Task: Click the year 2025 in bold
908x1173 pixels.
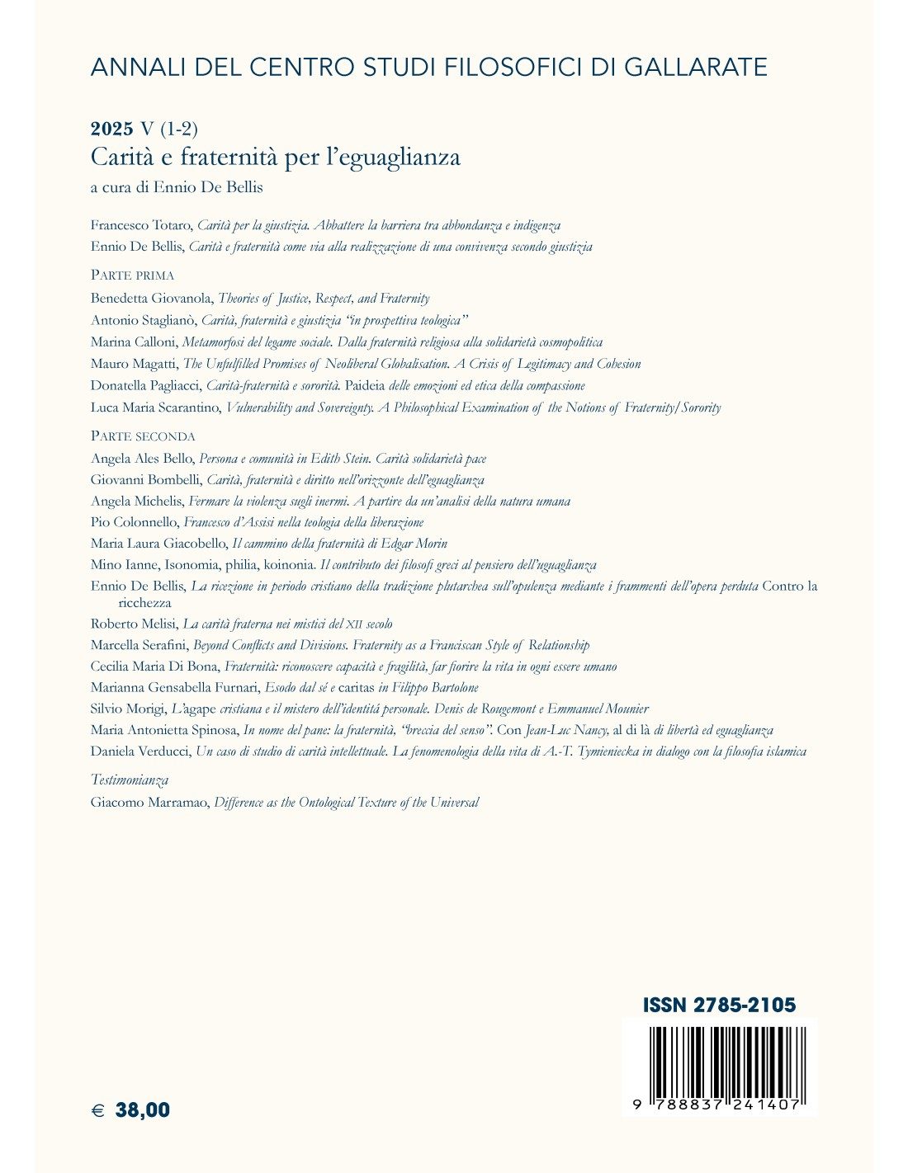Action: pos(111,129)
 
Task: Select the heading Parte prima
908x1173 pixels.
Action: pos(132,276)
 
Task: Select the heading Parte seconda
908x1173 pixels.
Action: pos(143,436)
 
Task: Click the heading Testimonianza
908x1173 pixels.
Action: pos(130,780)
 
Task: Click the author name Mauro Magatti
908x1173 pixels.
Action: pos(134,364)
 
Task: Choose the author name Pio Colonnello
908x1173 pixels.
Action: pos(134,522)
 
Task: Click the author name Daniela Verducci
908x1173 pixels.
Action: pos(140,751)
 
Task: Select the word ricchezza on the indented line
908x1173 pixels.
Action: pos(145,603)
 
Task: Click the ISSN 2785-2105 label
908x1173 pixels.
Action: pos(719,1005)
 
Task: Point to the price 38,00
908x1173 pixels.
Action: pos(143,1110)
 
